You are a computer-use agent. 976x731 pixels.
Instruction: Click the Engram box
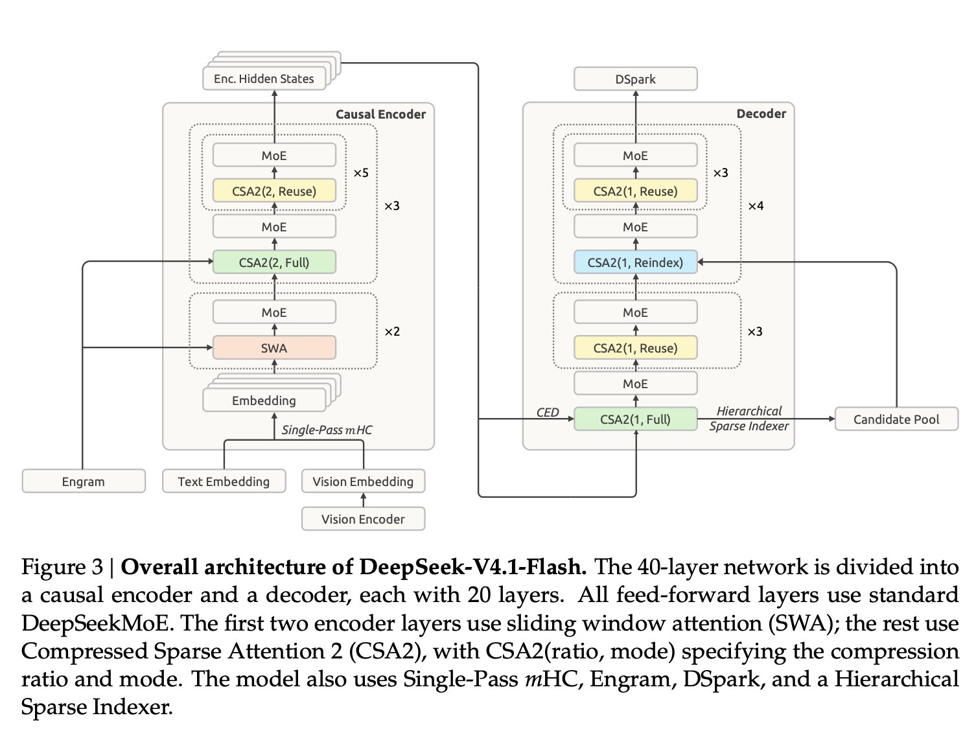(x=84, y=481)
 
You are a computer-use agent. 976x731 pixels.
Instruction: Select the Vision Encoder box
(x=364, y=519)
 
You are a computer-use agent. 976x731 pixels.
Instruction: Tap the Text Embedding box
(x=224, y=481)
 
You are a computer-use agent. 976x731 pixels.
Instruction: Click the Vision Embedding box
(x=364, y=481)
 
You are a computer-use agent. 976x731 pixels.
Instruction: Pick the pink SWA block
(x=274, y=348)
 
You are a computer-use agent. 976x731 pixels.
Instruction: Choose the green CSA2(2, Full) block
(x=274, y=262)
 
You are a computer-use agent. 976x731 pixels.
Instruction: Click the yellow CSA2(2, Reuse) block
(x=274, y=191)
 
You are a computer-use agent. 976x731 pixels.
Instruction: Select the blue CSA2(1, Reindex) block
(x=635, y=262)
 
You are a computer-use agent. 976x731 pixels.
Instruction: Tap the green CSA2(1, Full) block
(x=635, y=419)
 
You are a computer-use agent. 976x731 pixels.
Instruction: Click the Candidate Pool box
(x=896, y=419)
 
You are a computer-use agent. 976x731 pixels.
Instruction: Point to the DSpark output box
(x=635, y=78)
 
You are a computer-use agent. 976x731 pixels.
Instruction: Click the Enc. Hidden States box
(x=264, y=78)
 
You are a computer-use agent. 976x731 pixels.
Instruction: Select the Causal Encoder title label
(x=380, y=114)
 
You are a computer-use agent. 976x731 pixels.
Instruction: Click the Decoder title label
(x=761, y=114)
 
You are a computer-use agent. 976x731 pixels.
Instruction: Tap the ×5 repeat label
(x=361, y=172)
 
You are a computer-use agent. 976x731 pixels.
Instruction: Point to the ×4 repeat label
(x=756, y=206)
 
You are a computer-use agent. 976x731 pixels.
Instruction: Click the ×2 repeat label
(x=392, y=331)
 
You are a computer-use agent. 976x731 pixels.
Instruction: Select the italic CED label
(x=548, y=412)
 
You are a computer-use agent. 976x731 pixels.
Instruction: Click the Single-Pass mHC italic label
(x=327, y=430)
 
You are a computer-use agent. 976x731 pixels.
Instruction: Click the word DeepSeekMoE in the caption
(x=96, y=623)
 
